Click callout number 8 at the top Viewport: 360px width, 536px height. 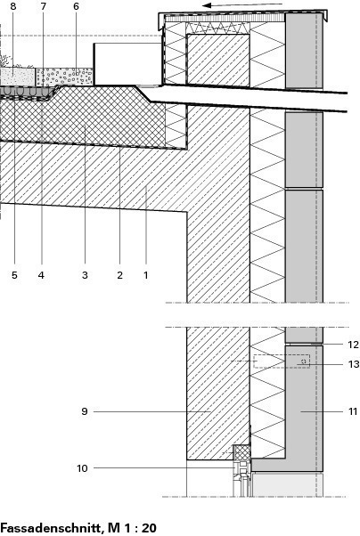click(13, 6)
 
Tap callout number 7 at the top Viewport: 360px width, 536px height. click(43, 6)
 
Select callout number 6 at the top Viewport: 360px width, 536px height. click(76, 6)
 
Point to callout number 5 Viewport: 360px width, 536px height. click(14, 275)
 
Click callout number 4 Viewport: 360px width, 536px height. click(41, 275)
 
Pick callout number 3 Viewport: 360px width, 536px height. click(85, 275)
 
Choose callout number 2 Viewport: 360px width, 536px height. click(119, 275)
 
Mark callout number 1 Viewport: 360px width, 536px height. click(146, 275)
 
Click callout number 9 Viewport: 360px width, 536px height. click(85, 411)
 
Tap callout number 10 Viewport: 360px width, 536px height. click(82, 468)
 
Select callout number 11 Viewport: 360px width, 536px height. click(353, 411)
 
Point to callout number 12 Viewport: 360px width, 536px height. click(354, 345)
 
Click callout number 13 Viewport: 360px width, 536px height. click(354, 364)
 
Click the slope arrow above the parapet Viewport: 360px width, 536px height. click(242, 5)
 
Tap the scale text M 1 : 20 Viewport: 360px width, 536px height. click(132, 528)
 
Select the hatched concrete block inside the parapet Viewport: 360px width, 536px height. click(218, 60)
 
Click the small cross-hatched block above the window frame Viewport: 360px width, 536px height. click(242, 452)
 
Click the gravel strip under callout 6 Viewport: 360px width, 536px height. click(65, 77)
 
